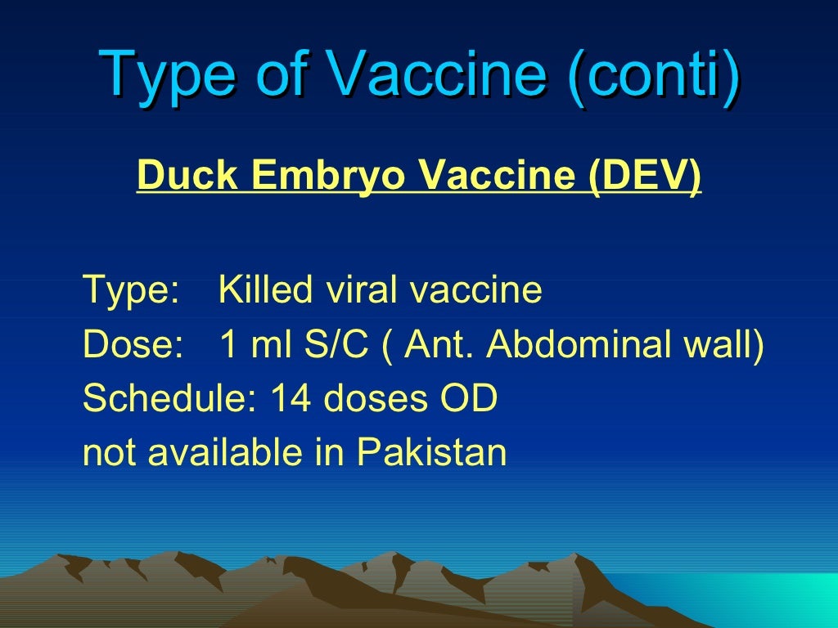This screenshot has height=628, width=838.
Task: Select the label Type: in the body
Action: (131, 290)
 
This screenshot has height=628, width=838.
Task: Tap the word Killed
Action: (266, 290)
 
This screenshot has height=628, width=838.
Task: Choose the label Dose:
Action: (133, 346)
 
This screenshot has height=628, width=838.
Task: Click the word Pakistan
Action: (432, 452)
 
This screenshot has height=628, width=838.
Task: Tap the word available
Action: (225, 452)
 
